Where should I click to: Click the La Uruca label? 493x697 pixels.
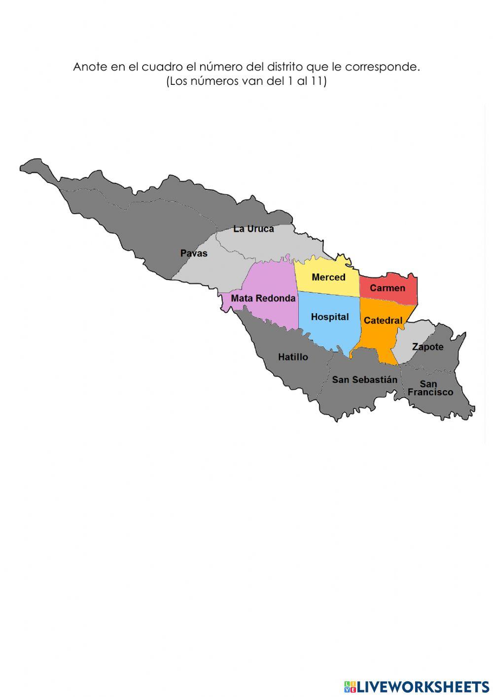253,229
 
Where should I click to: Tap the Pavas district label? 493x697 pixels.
194,254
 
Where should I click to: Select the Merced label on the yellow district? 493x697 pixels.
328,277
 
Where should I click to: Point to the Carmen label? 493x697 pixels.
387,288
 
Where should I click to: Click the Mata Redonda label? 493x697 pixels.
263,298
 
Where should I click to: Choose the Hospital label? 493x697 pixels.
330,317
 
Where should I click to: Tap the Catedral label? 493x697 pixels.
383,321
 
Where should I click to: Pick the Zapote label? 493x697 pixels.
427,347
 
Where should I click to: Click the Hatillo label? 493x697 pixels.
293,357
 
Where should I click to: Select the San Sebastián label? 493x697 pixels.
364,380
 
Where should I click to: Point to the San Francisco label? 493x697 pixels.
430,388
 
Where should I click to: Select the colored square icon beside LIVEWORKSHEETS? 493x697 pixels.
350,686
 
